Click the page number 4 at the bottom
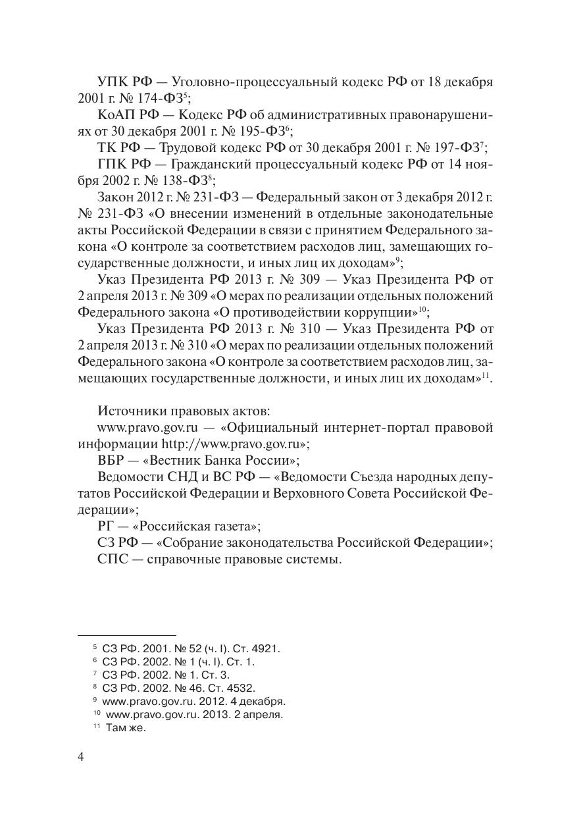[x=81, y=757]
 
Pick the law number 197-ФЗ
[x=459, y=147]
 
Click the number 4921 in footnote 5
[x=266, y=648]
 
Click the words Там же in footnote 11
[x=125, y=727]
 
